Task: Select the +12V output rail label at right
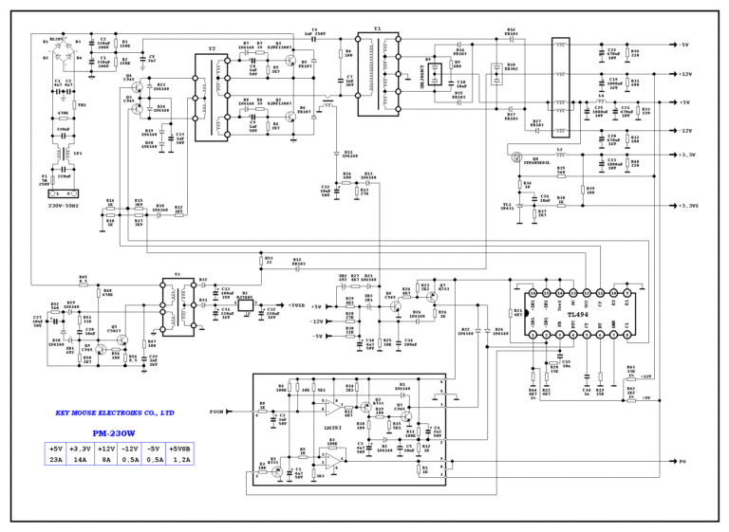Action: pyautogui.click(x=684, y=73)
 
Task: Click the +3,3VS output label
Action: pyautogui.click(x=687, y=206)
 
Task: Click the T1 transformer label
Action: pyautogui.click(x=377, y=29)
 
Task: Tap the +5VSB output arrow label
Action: pyautogui.click(x=293, y=306)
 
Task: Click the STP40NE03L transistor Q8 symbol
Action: pyautogui.click(x=518, y=157)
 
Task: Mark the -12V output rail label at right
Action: pyautogui.click(x=684, y=130)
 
